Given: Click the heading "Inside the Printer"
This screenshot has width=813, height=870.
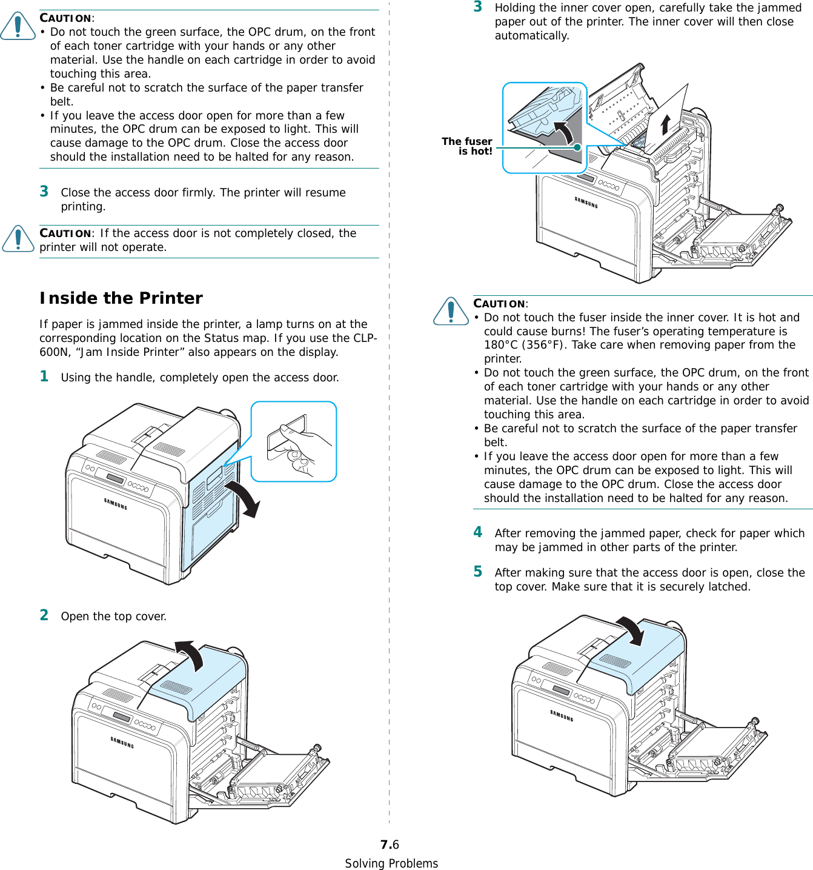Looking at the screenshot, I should point(121,298).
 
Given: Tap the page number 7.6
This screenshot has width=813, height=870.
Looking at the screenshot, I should point(390,845).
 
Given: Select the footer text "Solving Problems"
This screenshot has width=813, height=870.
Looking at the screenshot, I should point(391,863).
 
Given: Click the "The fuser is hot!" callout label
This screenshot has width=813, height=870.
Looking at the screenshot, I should point(467,146).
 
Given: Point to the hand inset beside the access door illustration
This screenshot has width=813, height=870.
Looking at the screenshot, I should point(294,441).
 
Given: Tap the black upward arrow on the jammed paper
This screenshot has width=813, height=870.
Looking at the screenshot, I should point(665,124).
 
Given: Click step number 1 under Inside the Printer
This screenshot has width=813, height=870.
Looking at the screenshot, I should point(44,376).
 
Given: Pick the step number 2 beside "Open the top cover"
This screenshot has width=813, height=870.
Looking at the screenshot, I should point(44,615).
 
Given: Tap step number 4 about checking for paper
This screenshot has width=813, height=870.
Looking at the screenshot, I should point(478,532).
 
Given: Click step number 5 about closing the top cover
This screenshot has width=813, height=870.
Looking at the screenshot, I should point(478,572).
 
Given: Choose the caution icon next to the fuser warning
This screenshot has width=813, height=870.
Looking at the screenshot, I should point(451,311).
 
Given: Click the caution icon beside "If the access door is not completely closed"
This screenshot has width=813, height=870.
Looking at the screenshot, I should point(18,238).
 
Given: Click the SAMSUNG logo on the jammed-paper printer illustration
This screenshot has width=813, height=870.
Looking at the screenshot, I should point(586,202).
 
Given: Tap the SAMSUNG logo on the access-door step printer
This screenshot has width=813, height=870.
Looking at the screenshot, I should point(116,504).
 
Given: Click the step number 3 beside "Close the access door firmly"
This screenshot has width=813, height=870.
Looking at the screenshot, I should point(44,192).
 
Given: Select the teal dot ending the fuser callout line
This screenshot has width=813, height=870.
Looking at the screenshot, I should point(578,147).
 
